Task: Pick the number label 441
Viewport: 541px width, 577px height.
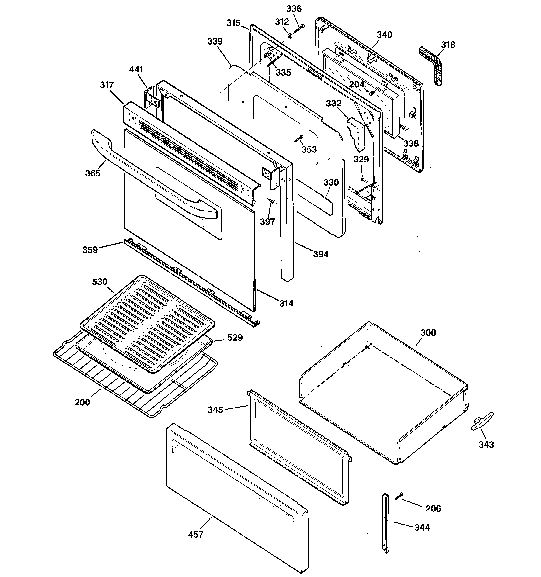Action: tap(136, 69)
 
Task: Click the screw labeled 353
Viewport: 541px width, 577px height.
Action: tap(298, 138)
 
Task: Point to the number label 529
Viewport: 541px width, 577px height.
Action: tap(235, 338)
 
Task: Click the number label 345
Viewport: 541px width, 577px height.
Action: tap(215, 410)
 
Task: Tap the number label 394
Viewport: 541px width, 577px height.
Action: tap(321, 254)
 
